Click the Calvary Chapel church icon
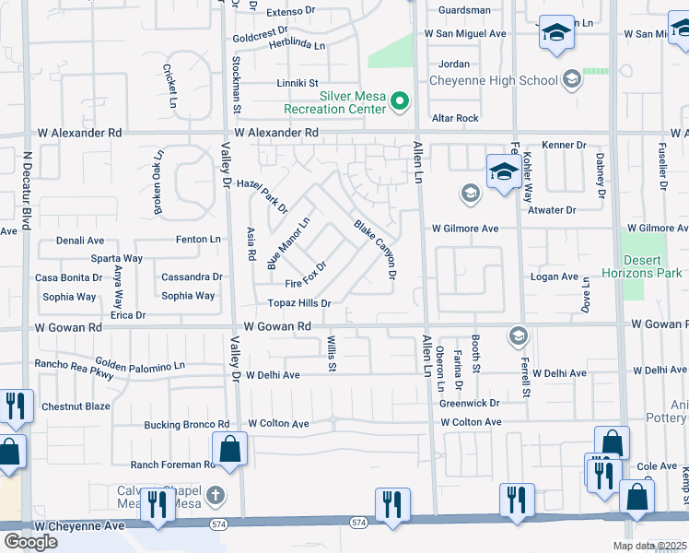216,494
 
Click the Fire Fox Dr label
306,276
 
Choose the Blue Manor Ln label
289,243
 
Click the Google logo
30,541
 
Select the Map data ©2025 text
648,546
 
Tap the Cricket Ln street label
169,87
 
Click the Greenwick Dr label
469,403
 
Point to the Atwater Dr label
552,210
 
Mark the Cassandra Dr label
192,276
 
